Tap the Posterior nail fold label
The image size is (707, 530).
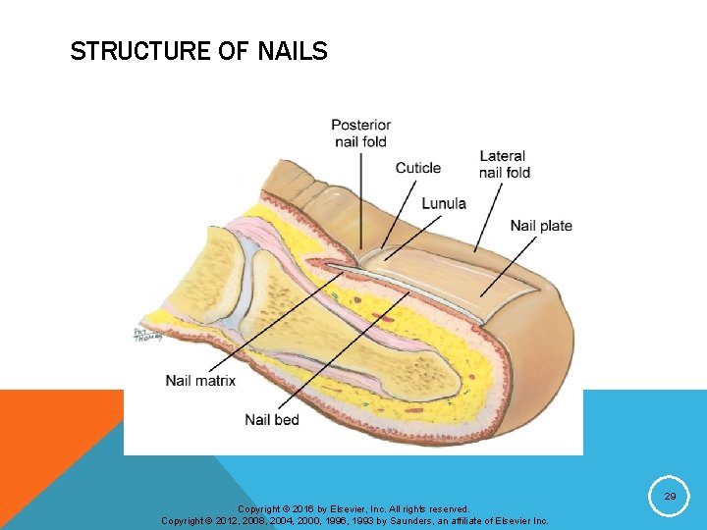pos(360,133)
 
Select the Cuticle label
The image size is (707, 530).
pos(418,168)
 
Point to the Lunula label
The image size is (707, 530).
pos(444,204)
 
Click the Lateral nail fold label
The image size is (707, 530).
pos(505,164)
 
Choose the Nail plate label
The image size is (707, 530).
pos(541,226)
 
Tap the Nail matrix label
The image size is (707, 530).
pos(200,381)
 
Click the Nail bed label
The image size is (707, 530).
pos(272,420)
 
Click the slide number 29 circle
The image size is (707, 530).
pos(670,498)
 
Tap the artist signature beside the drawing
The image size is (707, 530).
pos(145,336)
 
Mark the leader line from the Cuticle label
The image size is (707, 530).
pos(398,211)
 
